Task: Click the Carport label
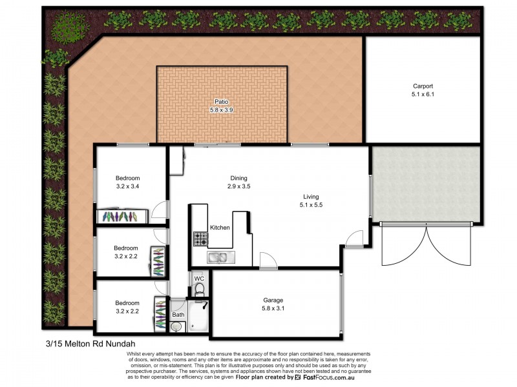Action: [423, 86]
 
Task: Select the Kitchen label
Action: [220, 228]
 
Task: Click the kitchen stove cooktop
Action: [200, 241]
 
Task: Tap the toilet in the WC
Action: [200, 288]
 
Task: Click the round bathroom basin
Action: [176, 327]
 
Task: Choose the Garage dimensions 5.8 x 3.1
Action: [273, 309]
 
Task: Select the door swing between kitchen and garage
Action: [268, 261]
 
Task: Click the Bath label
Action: [178, 315]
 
